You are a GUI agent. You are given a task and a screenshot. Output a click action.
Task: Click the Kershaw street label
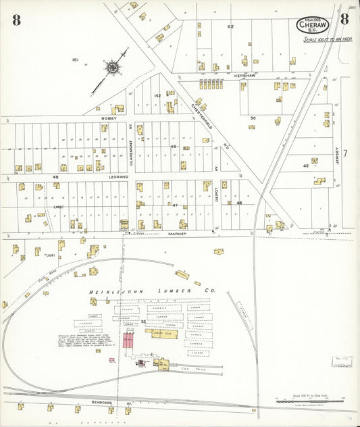coord(244,76)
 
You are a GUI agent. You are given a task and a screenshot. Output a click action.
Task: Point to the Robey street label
coord(109,118)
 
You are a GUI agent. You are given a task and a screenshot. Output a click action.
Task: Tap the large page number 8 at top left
coord(16,20)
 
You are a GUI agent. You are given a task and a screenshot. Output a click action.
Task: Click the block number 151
coord(76,60)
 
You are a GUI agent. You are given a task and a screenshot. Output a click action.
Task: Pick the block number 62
coord(230,26)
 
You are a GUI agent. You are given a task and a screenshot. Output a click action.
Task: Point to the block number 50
coord(253,118)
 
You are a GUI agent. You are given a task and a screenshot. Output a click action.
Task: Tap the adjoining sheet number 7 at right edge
coord(344,153)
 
